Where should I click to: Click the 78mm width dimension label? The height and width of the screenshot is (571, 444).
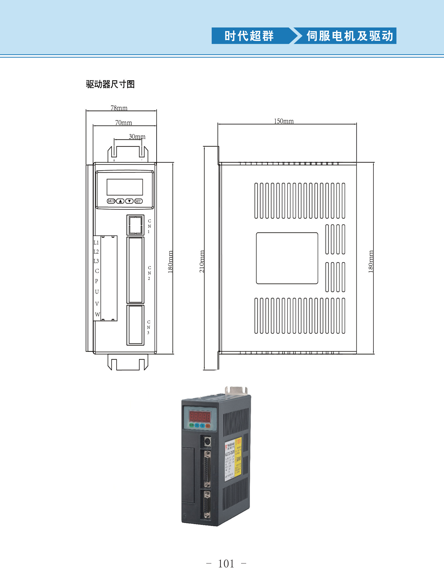pyautogui.click(x=119, y=108)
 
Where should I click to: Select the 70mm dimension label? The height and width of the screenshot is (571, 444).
pyautogui.click(x=124, y=123)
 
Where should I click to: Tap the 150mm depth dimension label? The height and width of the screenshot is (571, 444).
pyautogui.click(x=284, y=121)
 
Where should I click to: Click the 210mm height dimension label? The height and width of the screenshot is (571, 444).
pyautogui.click(x=202, y=261)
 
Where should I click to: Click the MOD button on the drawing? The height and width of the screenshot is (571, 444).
pyautogui.click(x=111, y=201)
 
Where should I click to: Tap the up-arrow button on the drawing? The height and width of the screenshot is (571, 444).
pyautogui.click(x=120, y=201)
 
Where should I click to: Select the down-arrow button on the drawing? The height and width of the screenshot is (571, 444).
pyautogui.click(x=129, y=201)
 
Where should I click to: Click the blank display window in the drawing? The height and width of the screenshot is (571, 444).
pyautogui.click(x=125, y=187)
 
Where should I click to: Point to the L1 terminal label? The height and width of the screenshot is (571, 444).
pyautogui.click(x=96, y=243)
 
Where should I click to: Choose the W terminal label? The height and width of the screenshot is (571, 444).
pyautogui.click(x=97, y=314)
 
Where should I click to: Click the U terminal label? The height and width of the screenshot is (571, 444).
pyautogui.click(x=97, y=292)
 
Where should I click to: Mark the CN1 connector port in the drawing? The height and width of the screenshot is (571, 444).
pyautogui.click(x=135, y=225)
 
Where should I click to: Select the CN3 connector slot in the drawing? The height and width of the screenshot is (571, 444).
pyautogui.click(x=135, y=325)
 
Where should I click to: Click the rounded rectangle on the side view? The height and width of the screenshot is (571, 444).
pyautogui.click(x=287, y=258)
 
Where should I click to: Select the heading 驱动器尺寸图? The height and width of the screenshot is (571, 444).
pyautogui.click(x=110, y=84)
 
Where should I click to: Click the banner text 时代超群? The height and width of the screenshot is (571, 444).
pyautogui.click(x=249, y=36)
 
